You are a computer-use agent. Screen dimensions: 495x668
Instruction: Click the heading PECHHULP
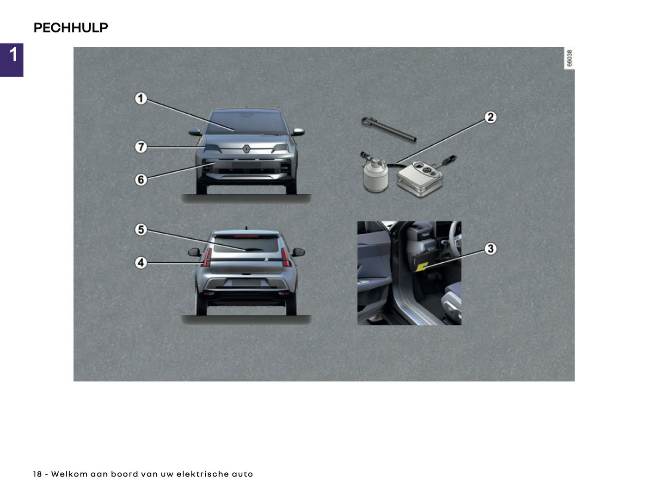(x=71, y=28)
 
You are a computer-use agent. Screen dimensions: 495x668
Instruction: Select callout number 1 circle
(x=141, y=99)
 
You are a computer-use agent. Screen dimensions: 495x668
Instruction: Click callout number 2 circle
(x=490, y=117)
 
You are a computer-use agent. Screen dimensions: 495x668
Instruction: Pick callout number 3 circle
(x=490, y=248)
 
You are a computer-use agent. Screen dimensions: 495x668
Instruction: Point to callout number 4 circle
(x=141, y=263)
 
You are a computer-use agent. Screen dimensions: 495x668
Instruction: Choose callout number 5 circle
(x=141, y=229)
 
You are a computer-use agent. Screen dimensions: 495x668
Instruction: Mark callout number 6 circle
(x=141, y=179)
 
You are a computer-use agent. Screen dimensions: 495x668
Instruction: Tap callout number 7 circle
(x=141, y=147)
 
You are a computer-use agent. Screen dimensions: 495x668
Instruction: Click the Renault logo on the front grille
(x=247, y=149)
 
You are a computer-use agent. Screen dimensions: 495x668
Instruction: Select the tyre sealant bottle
(x=374, y=176)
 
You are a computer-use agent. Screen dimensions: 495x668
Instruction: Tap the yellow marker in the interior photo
(x=422, y=266)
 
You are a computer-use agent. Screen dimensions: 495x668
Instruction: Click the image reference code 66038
(x=570, y=58)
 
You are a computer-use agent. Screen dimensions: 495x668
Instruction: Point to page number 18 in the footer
(x=37, y=474)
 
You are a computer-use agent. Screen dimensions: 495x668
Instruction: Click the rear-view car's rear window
(x=246, y=244)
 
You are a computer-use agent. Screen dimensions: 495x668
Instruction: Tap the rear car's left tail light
(x=207, y=257)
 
